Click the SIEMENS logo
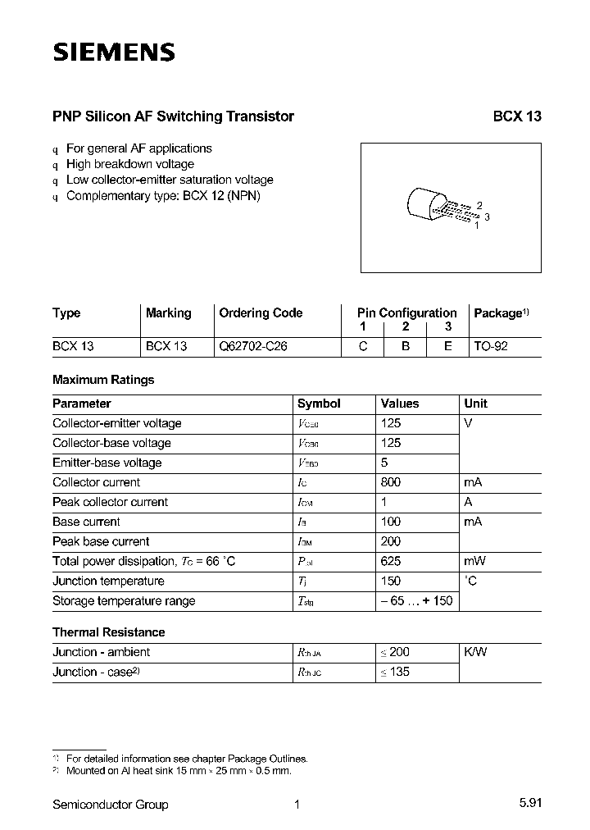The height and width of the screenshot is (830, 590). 114,52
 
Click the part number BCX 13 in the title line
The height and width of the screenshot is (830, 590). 516,116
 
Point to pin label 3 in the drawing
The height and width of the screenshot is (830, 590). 487,217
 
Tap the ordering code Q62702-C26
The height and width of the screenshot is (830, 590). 253,346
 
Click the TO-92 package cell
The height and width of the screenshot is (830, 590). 491,346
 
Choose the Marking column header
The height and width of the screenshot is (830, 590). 168,313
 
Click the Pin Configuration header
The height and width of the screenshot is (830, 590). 406,312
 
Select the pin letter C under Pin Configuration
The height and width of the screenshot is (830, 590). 362,346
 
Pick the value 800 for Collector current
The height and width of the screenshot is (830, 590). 391,482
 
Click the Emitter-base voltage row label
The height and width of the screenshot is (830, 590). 107,463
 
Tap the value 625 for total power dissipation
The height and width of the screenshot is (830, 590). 391,561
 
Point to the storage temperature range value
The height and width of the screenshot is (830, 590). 415,600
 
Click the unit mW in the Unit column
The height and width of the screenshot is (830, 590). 474,561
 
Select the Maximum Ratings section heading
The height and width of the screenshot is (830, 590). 103,380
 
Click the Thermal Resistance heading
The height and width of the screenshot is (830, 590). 108,632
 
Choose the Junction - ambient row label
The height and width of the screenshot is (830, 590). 101,652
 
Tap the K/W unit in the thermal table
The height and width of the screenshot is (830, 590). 474,652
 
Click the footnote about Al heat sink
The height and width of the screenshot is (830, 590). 178,771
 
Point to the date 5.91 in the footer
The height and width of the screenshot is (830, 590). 529,805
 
